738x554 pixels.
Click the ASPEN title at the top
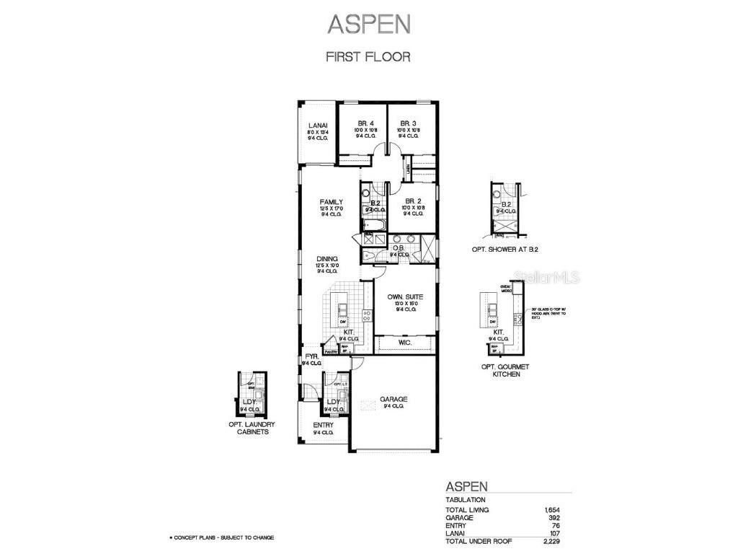coord(368,23)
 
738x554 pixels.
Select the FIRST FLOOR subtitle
coord(368,57)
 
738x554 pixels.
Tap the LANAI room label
coord(317,123)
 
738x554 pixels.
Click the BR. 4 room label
coord(365,123)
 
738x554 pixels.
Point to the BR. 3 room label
coord(409,123)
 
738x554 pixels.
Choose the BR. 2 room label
coord(413,201)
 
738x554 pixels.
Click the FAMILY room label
coord(332,202)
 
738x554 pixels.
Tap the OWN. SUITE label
coord(404,296)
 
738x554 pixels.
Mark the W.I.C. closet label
coord(404,343)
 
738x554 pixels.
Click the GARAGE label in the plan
coord(394,399)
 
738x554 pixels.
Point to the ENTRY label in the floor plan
coord(323,426)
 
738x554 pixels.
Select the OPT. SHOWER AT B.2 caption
coord(505,250)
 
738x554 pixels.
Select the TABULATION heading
coord(465,499)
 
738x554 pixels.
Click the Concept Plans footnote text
coord(221,538)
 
